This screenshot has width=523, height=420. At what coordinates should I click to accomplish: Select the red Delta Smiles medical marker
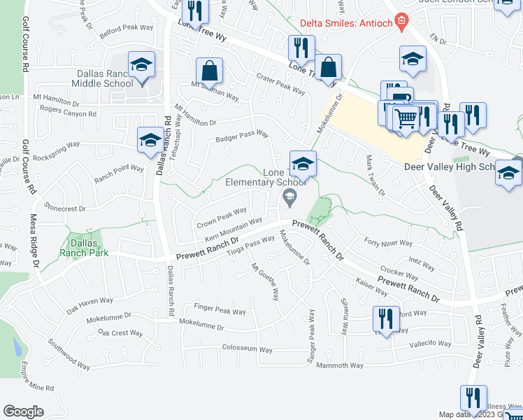(401, 22)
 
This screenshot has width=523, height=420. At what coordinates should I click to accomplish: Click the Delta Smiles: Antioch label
(345, 22)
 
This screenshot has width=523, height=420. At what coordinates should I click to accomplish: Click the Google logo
(23, 411)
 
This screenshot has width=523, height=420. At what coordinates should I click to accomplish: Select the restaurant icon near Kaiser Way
(386, 319)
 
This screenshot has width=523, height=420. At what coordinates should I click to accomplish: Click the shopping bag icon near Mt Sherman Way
(209, 71)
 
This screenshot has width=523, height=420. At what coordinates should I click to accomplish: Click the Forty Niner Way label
(389, 242)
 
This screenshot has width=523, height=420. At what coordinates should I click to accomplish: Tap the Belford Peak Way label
(126, 29)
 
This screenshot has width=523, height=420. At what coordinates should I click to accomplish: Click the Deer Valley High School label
(449, 167)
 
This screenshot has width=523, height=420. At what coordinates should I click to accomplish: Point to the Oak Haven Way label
(89, 304)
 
